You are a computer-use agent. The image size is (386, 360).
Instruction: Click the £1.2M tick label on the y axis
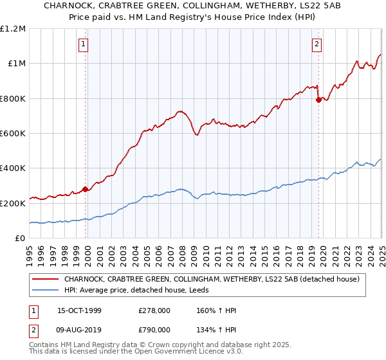click(13, 29)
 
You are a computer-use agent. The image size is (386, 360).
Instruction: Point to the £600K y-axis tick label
click(12, 134)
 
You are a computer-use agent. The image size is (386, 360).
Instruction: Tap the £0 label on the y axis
click(20, 239)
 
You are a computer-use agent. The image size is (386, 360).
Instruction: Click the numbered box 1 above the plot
click(84, 44)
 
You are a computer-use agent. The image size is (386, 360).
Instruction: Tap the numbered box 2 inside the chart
click(317, 44)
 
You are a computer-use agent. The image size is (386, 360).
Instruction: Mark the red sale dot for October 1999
click(86, 189)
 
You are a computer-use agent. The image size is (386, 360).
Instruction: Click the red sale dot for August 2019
click(318, 100)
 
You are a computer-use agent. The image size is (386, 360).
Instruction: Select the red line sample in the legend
click(46, 279)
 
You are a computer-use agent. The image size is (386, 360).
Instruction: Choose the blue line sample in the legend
click(46, 290)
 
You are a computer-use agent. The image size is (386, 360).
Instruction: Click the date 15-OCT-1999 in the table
click(79, 311)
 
